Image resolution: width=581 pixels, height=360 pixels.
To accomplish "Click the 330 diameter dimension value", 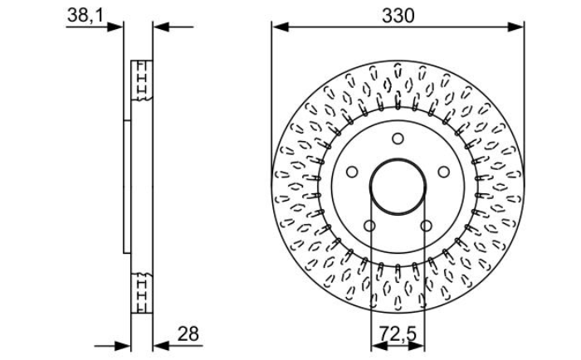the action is (x=398, y=16).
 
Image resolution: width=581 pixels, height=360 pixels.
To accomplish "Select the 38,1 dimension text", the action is (x=85, y=16).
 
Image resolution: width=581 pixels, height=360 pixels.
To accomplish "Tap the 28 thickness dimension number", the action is (x=188, y=334).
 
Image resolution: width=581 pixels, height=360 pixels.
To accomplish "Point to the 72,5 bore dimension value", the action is (x=398, y=333).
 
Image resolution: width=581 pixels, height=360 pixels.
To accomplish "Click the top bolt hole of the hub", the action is (x=398, y=139).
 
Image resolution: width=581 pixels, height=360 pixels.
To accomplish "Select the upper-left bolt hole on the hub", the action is (x=352, y=172).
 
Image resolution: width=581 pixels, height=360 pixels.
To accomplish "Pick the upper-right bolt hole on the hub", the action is (x=444, y=172).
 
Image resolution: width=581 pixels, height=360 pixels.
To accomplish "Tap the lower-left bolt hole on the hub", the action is (x=369, y=226).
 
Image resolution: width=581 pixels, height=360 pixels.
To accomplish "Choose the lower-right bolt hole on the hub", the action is (x=426, y=226).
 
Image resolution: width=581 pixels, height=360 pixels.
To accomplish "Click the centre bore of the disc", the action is (x=398, y=187).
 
